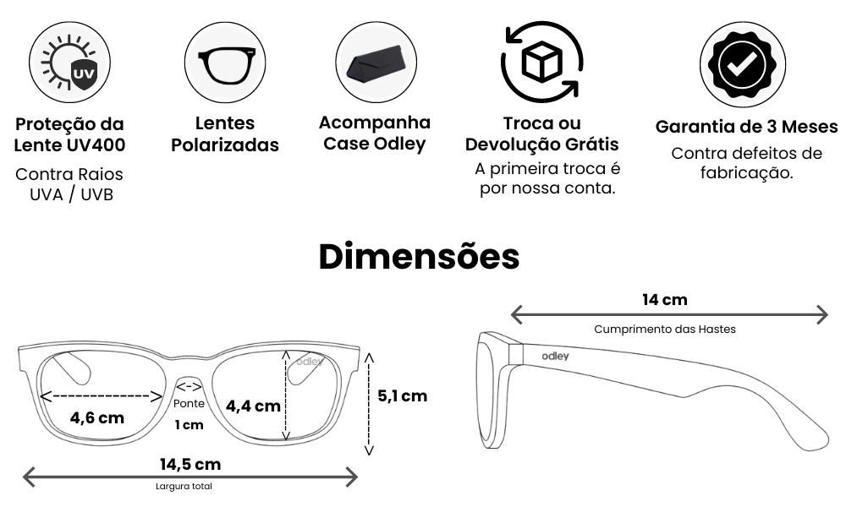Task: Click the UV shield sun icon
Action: tap(69, 63)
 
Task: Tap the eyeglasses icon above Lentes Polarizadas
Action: tap(225, 63)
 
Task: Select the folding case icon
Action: tap(376, 63)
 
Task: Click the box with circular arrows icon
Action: tap(541, 62)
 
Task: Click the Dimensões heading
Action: tap(420, 257)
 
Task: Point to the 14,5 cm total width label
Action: tap(190, 464)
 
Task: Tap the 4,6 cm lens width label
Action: tap(97, 417)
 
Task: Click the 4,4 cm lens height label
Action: tap(253, 406)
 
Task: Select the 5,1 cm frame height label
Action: tap(403, 396)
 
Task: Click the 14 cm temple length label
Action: tap(665, 300)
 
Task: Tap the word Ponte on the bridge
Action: tap(189, 404)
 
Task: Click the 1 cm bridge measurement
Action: tap(189, 425)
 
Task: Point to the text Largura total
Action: tap(184, 486)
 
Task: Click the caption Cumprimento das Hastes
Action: tap(665, 330)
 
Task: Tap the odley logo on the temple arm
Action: tap(555, 356)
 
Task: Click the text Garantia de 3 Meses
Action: tap(747, 127)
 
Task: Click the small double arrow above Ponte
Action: tap(189, 386)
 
